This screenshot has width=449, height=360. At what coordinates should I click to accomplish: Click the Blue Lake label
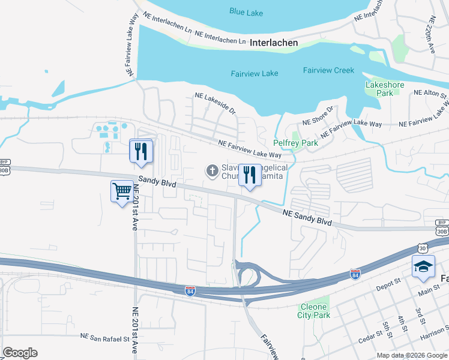point(247,11)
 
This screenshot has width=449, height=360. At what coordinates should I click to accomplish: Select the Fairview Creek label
point(328,70)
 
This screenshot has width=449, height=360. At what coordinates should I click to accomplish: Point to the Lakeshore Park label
point(379,89)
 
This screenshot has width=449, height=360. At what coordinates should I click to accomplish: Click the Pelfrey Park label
point(295,143)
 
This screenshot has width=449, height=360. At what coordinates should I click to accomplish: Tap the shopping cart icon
point(122,191)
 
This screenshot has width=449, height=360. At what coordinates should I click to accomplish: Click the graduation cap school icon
point(423,266)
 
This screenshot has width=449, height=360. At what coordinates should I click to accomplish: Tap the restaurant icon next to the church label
point(249,175)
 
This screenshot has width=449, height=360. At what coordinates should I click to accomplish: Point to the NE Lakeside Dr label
point(215,103)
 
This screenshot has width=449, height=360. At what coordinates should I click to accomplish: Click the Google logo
point(20,353)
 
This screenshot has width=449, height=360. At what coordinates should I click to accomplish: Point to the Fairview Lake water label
point(255,73)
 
